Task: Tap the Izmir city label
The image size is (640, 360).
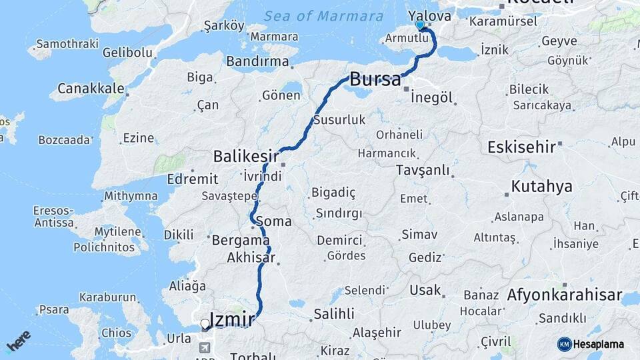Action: (231, 319)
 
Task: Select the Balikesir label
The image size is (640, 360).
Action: (245, 156)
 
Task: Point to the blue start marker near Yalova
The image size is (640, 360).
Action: (419, 25)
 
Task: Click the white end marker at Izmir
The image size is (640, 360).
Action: (205, 325)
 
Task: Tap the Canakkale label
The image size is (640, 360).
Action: (91, 88)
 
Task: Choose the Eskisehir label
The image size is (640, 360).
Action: (521, 147)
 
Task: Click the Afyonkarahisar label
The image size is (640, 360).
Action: (564, 295)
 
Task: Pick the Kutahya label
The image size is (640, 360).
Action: (541, 186)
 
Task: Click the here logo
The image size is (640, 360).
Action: (18, 341)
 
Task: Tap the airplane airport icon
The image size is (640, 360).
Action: (205, 348)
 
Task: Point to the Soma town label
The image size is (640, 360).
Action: (273, 221)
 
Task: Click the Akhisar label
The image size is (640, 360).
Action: (250, 257)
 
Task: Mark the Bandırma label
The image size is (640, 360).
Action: (257, 61)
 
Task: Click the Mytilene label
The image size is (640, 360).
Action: (117, 232)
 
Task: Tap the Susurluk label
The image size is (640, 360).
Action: (339, 120)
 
